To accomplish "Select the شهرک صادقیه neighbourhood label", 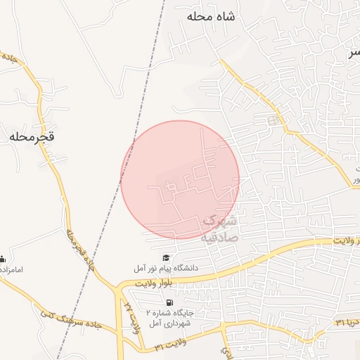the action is click(x=220, y=229).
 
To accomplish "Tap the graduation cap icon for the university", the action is click(x=166, y=258).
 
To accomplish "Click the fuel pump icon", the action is click(x=169, y=302).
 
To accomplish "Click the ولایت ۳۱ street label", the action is click(x=169, y=347).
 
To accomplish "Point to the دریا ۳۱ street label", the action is click(x=339, y=322).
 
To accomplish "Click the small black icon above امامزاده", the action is click(x=3, y=259).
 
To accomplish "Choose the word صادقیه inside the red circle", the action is click(x=220, y=237).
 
